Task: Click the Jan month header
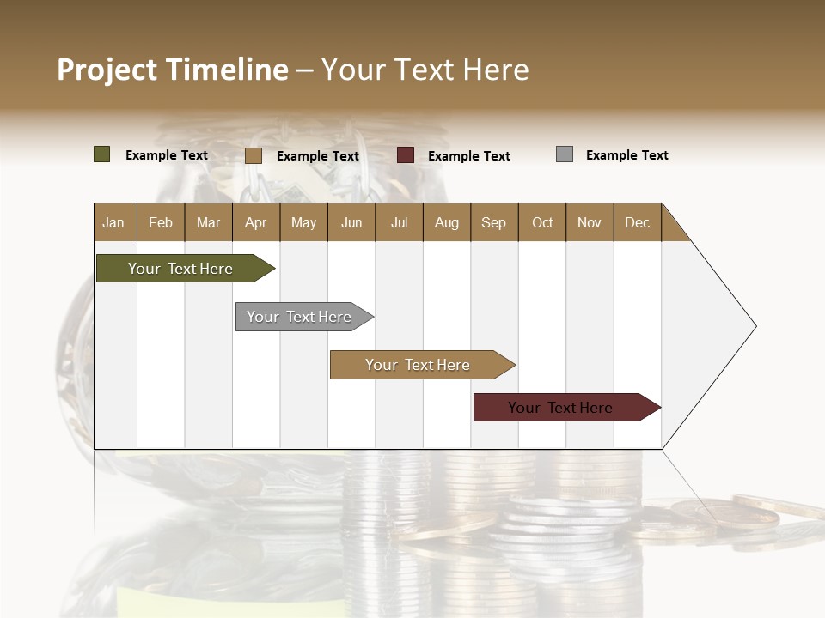113,222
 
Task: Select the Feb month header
161,222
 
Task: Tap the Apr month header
255,222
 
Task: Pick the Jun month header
351,222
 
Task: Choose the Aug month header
446,222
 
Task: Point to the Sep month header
493,222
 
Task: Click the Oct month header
542,222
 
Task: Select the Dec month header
637,222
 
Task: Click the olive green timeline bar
180,269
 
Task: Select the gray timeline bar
299,317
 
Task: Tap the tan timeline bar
418,365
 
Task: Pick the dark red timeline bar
560,408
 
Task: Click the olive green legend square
102,154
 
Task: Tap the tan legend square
254,155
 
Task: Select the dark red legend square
406,155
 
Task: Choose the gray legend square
565,154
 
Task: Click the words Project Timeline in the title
172,70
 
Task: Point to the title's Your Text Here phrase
425,70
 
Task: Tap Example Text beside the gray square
626,155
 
